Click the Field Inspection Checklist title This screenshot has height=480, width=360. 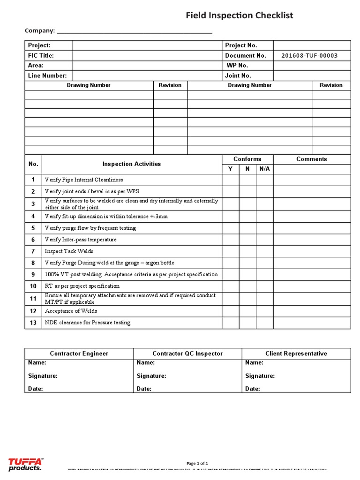coord(239,15)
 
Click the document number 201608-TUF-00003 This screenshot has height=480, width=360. coord(309,55)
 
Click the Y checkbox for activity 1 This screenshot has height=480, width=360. coord(230,180)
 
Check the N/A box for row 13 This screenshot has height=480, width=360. coord(265,323)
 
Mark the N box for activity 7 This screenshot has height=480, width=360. coord(247,251)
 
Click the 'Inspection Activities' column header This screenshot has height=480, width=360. coord(131,164)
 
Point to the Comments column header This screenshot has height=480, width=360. coord(312,159)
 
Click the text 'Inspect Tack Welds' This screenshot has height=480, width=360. coord(69,251)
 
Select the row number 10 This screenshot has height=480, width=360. coord(33,286)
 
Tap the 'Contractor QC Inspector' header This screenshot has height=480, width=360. coord(187,353)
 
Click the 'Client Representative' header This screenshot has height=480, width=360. coord(296,353)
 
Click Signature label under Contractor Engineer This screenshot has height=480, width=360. coord(43,376)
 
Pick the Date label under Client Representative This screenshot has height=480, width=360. coord(252,389)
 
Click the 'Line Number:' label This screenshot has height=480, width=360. coord(47,75)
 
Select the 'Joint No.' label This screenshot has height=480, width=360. coord(238,75)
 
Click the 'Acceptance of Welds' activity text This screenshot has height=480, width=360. coord(71,311)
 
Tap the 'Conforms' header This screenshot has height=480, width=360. coord(247,159)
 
